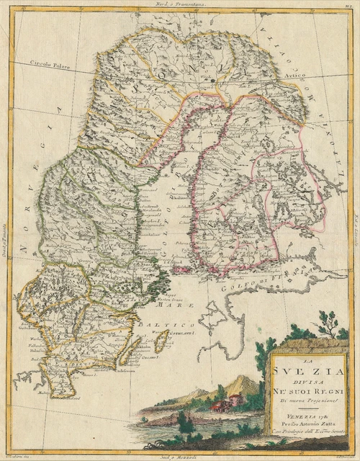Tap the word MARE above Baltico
click(x=168, y=305)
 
